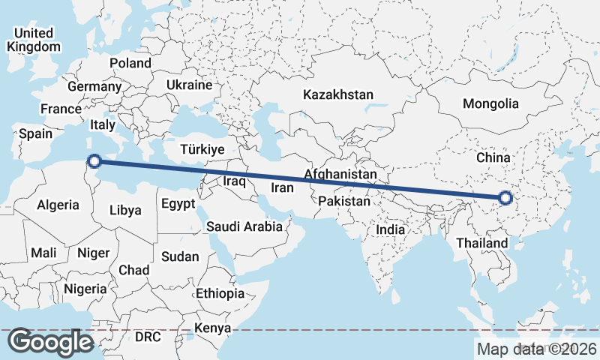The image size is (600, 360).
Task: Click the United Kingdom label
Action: (x=34, y=40)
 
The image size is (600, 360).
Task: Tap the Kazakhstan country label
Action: (x=337, y=95)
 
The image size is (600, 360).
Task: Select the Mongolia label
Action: (x=490, y=103)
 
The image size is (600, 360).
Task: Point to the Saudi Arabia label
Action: (x=244, y=226)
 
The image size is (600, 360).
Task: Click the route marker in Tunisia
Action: (x=94, y=160)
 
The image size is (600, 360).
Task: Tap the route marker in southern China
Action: (x=505, y=198)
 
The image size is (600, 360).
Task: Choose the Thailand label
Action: (x=481, y=243)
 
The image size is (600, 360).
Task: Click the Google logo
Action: (x=50, y=342)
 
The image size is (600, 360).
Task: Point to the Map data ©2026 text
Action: (x=537, y=348)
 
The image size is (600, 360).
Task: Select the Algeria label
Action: (x=58, y=205)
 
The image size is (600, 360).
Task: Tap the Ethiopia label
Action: (x=219, y=293)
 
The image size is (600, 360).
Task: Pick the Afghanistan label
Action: (x=340, y=175)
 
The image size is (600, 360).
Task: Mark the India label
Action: (x=391, y=230)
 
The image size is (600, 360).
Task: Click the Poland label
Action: (x=130, y=64)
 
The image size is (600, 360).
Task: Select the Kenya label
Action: (x=212, y=328)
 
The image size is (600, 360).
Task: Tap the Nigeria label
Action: (x=85, y=289)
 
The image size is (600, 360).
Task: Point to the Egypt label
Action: (x=178, y=203)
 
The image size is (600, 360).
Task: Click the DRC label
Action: (x=148, y=337)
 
